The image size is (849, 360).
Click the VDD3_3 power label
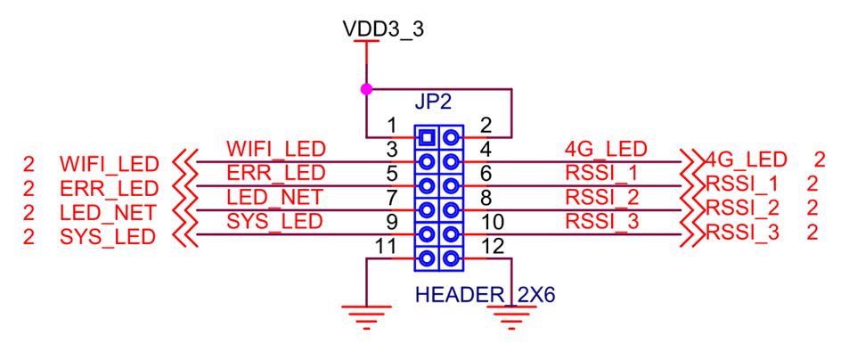[x=383, y=29]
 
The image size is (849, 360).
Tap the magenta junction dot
[x=365, y=89]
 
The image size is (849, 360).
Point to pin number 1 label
[x=391, y=127]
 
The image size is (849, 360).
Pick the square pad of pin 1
[x=427, y=137]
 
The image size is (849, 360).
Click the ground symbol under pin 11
[x=366, y=315]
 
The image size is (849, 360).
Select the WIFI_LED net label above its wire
[x=276, y=149]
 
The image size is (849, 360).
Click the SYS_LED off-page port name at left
[x=109, y=237]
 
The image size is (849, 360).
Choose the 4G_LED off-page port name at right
[x=747, y=160]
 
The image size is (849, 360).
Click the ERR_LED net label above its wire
[x=276, y=173]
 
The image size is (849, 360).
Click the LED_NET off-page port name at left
[x=109, y=213]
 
